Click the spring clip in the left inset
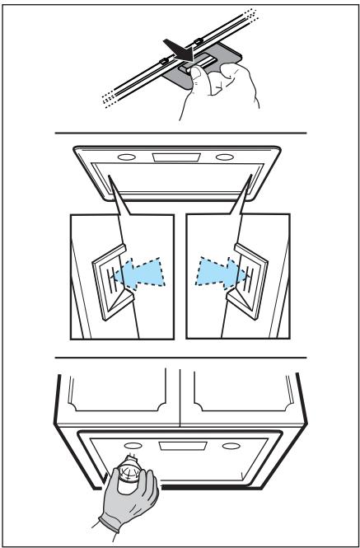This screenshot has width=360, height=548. pos(107,276)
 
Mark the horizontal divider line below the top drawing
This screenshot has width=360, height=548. pos(180,133)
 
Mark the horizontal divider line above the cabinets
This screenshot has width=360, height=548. pos(180,358)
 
